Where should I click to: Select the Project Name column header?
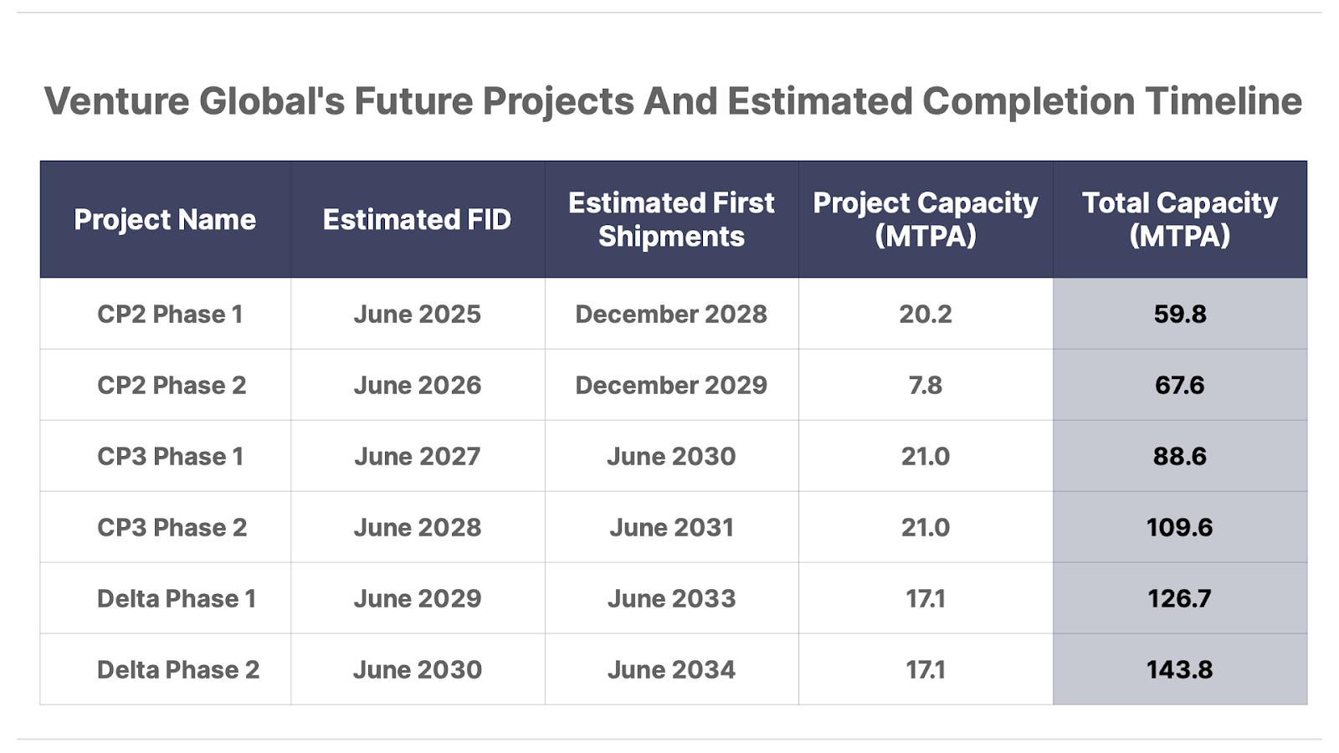165,219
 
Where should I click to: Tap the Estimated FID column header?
417,219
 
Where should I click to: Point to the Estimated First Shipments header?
671,219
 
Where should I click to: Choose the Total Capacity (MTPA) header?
1179,219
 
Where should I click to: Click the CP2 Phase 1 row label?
170,314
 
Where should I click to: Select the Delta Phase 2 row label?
178,669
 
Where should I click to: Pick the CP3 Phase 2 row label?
172,527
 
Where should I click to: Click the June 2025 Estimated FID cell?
417,314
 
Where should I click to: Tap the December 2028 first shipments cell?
671,314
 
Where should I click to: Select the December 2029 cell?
671,385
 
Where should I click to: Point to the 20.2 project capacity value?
926,314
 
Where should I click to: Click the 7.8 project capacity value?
926,385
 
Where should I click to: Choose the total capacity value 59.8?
1179,314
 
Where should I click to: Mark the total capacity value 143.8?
1179,669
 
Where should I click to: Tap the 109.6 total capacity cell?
1179,527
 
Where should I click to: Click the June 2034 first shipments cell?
671,669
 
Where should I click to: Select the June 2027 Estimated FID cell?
417,456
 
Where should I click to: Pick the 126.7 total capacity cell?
1179,598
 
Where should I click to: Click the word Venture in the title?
116,101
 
